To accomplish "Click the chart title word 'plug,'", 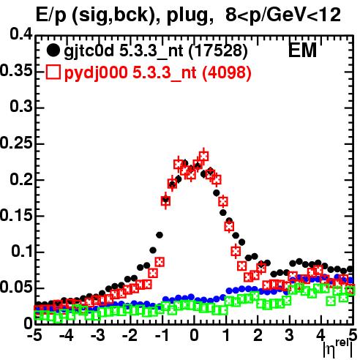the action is coord(190,15).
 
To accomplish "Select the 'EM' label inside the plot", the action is coord(302,50).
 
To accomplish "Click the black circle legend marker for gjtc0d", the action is coord(53,50).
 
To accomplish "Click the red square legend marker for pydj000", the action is coord(53,72).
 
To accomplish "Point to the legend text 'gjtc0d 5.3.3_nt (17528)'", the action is coord(156,51).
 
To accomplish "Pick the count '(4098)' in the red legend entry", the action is coord(227,72).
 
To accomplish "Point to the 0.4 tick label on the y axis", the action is coord(21,34).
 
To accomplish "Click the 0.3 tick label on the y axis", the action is coord(21,107).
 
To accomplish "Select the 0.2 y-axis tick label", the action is coord(21,179).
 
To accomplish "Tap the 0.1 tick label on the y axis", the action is coord(21,251).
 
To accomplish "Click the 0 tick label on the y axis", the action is coord(29,323).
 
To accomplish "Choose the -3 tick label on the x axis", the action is coord(98,336).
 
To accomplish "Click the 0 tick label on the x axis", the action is coord(194,336).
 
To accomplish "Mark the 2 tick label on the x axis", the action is coord(258,336).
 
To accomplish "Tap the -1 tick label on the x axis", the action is coord(162,336).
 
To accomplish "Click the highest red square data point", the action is coord(203,156).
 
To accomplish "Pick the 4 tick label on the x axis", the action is coord(321,336).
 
